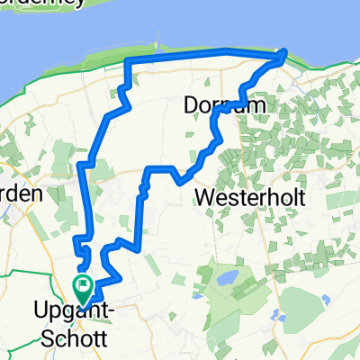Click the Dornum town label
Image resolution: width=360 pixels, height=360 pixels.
216,105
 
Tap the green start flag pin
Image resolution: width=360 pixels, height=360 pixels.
83,288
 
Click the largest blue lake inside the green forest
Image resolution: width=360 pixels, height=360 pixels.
227,276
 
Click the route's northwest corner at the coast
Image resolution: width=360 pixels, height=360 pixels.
125,60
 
